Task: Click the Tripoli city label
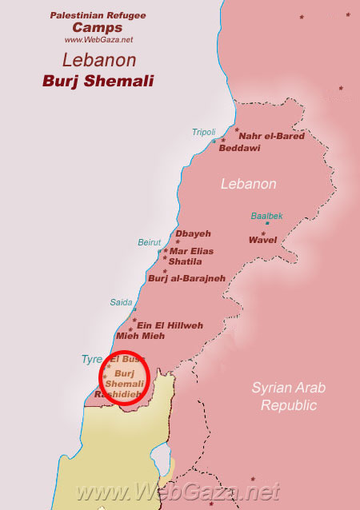click(204, 132)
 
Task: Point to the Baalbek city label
click(266, 216)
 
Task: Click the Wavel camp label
click(263, 239)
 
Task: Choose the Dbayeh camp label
click(194, 233)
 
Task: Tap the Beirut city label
click(150, 242)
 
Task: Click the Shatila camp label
click(185, 261)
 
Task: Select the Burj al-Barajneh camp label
click(186, 278)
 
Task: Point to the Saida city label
click(122, 302)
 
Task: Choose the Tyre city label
click(92, 360)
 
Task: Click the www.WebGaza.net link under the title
click(98, 39)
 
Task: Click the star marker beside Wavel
click(266, 230)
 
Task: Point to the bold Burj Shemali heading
click(98, 82)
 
